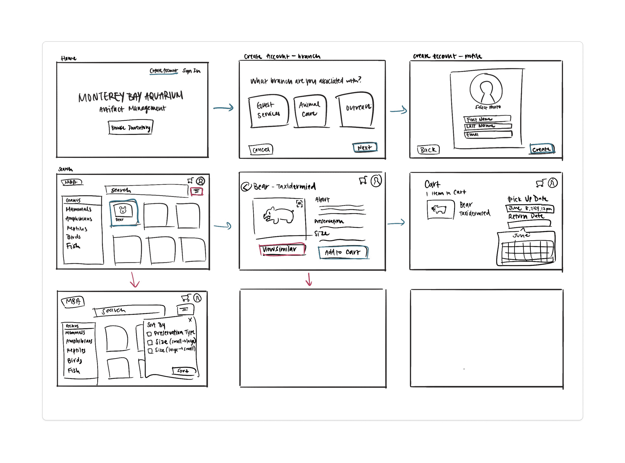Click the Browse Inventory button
pyautogui.click(x=131, y=127)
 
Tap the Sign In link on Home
pyautogui.click(x=191, y=71)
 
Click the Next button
pyautogui.click(x=365, y=148)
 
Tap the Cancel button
pyautogui.click(x=261, y=149)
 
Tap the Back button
pyautogui.click(x=428, y=150)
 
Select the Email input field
pyautogui.click(x=488, y=134)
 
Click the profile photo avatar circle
pyautogui.click(x=486, y=88)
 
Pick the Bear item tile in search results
pyautogui.click(x=124, y=212)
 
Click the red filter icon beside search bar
pyautogui.click(x=197, y=191)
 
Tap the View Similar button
pyautogui.click(x=282, y=249)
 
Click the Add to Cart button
pyautogui.click(x=343, y=252)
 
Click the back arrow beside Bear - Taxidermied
pyautogui.click(x=246, y=187)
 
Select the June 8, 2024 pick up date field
pyautogui.click(x=530, y=208)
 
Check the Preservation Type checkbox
pyautogui.click(x=149, y=334)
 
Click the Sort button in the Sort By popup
pyautogui.click(x=183, y=371)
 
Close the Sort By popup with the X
pyautogui.click(x=190, y=320)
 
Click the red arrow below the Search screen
pyautogui.click(x=134, y=280)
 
